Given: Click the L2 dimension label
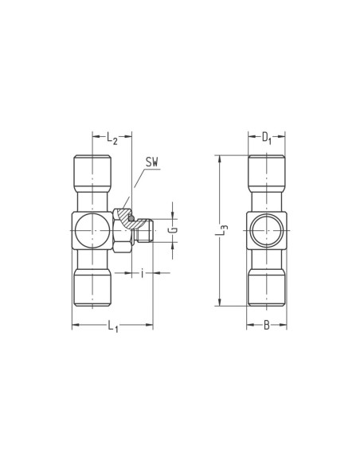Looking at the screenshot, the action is click(112, 139).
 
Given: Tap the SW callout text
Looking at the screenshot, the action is click(152, 162).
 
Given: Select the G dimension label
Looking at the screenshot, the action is click(174, 230).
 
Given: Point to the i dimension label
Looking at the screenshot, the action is click(143, 273).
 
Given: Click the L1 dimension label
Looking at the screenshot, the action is click(112, 326).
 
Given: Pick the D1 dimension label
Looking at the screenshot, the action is click(267, 138).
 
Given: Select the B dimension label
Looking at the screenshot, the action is click(267, 326).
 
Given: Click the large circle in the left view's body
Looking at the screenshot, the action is click(92, 230).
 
